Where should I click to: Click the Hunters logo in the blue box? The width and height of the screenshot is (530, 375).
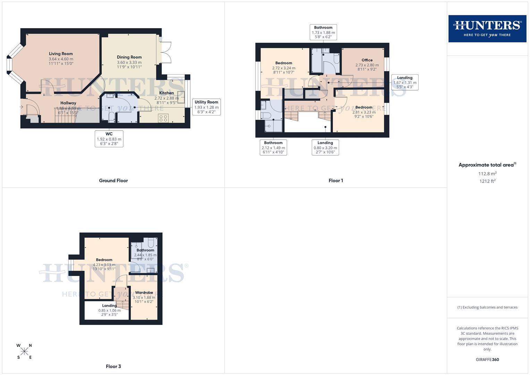coord(487,28)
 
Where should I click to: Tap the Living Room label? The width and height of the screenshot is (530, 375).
coord(61,54)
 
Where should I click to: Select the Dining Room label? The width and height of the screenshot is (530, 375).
coord(129,57)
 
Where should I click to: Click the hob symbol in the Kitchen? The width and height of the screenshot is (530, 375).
coord(163,118)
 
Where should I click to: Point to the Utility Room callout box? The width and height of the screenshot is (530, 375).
coord(206,107)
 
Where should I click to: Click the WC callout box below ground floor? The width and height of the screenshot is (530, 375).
coord(109,139)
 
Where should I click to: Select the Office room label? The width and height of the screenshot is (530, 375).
coord(367,60)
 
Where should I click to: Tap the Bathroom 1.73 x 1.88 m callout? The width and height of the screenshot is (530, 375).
coord(323,32)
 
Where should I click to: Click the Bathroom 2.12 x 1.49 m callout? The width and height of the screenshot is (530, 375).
coord(273,147)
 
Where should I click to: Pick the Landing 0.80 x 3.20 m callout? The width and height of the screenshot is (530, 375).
coord(325,147)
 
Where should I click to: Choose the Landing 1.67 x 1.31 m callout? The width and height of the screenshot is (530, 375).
coord(405,82)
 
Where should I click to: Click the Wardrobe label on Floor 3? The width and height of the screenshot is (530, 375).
coord(144,293)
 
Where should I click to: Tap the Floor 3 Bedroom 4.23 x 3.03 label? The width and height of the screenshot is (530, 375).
coord(104,260)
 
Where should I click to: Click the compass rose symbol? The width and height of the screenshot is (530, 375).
coord(24,351)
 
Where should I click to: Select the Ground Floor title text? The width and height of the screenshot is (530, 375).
coord(113,181)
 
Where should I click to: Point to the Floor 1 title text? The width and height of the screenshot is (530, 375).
coord(336,181)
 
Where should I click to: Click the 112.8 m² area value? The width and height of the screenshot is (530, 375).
coord(487,174)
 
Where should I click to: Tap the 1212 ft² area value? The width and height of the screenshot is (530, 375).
coord(487,181)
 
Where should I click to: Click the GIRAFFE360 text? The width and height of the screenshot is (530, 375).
coord(487,360)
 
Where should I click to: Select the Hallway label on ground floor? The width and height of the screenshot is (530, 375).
coord(68,103)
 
